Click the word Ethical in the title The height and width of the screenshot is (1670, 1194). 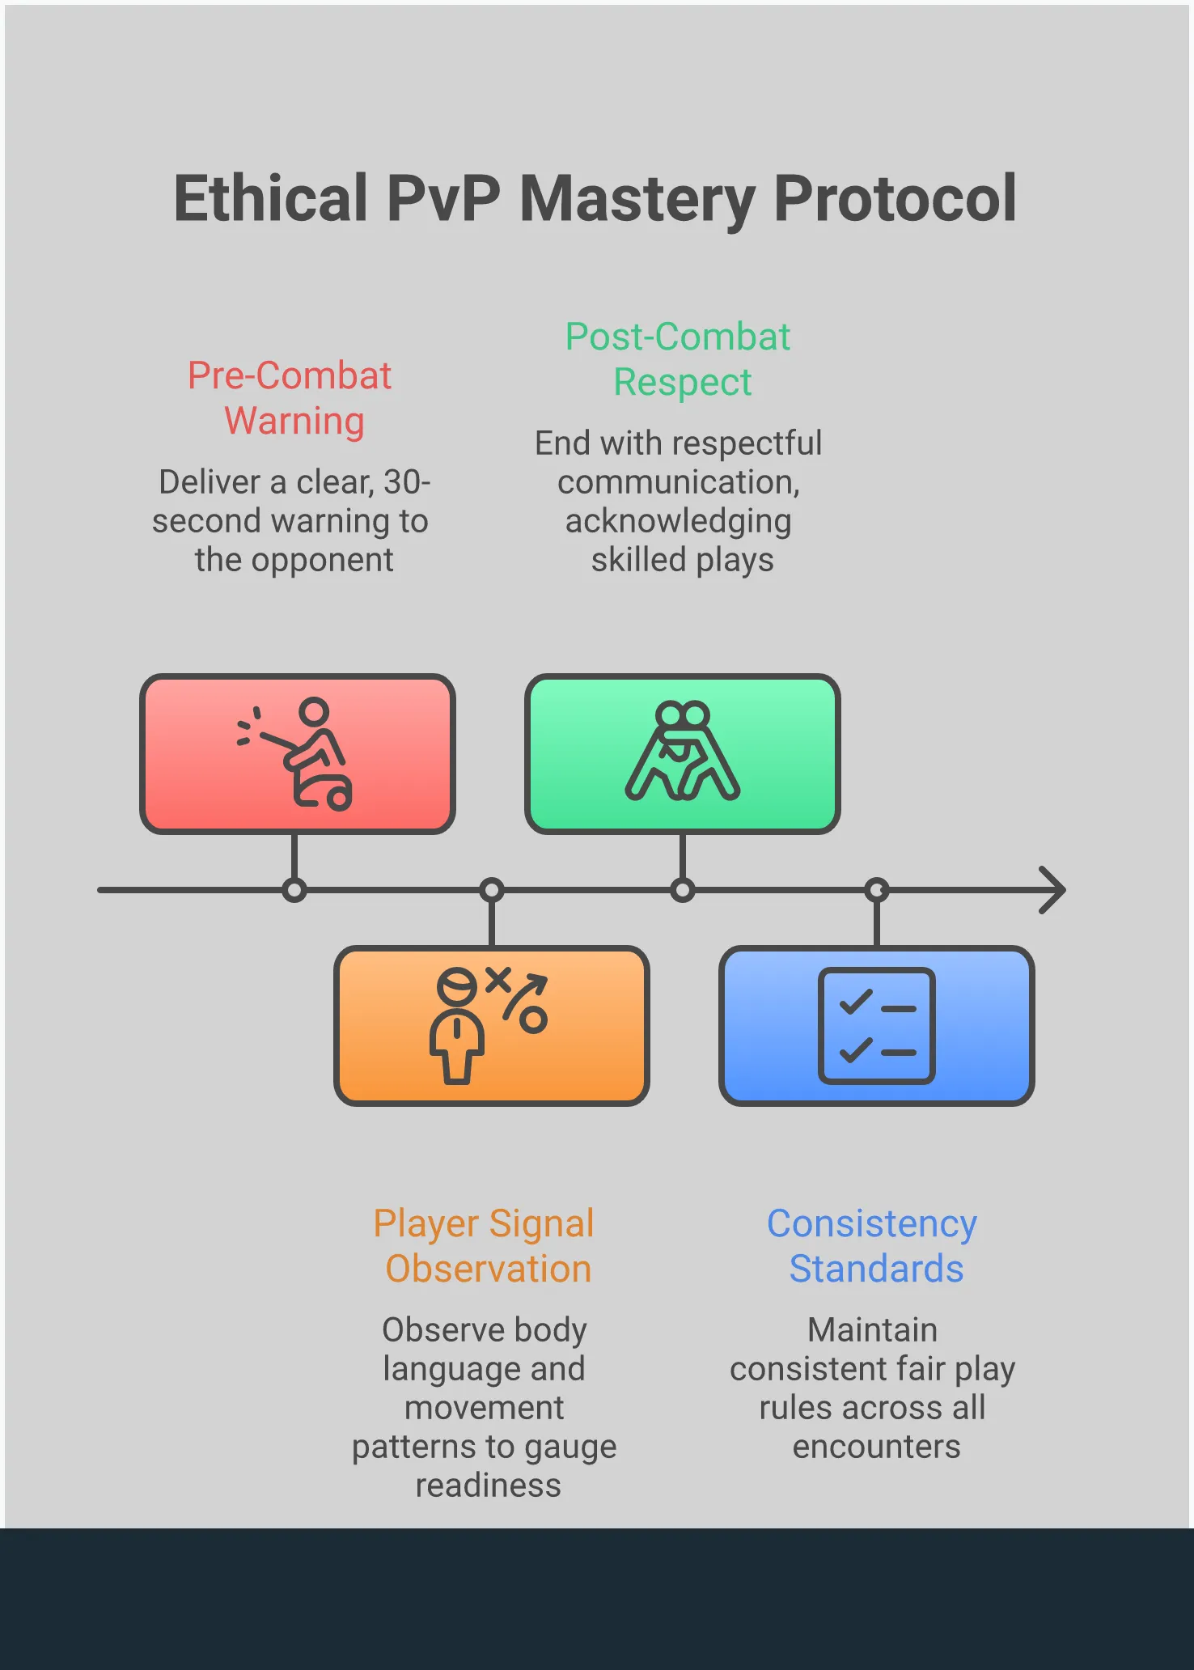click(x=271, y=199)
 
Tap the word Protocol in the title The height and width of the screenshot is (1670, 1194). click(x=895, y=199)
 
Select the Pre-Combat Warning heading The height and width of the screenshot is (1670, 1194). click(x=290, y=398)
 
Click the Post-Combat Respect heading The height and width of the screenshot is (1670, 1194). click(x=678, y=359)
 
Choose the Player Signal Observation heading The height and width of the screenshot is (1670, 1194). click(x=485, y=1246)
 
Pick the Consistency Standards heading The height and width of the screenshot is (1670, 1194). click(x=873, y=1246)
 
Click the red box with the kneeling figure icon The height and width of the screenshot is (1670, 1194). click(x=297, y=753)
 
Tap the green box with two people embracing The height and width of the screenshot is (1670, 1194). click(x=682, y=753)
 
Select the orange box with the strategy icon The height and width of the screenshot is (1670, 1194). click(x=491, y=1025)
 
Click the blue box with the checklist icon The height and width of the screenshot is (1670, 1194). click(x=876, y=1025)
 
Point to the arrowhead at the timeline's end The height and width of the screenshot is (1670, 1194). click(x=1053, y=890)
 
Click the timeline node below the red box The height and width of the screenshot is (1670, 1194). click(x=294, y=891)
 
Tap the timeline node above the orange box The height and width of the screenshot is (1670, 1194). click(x=492, y=891)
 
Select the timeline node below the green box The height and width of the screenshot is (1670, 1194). click(x=683, y=891)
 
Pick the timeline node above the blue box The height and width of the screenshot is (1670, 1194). click(x=877, y=891)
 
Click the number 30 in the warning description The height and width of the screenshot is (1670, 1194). click(x=402, y=482)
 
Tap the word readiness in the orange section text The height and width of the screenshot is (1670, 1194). click(x=488, y=1486)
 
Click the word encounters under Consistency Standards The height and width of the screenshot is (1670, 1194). click(x=876, y=1447)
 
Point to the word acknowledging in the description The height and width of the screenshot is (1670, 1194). click(x=678, y=521)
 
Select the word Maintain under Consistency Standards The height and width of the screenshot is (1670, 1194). click(x=872, y=1330)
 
